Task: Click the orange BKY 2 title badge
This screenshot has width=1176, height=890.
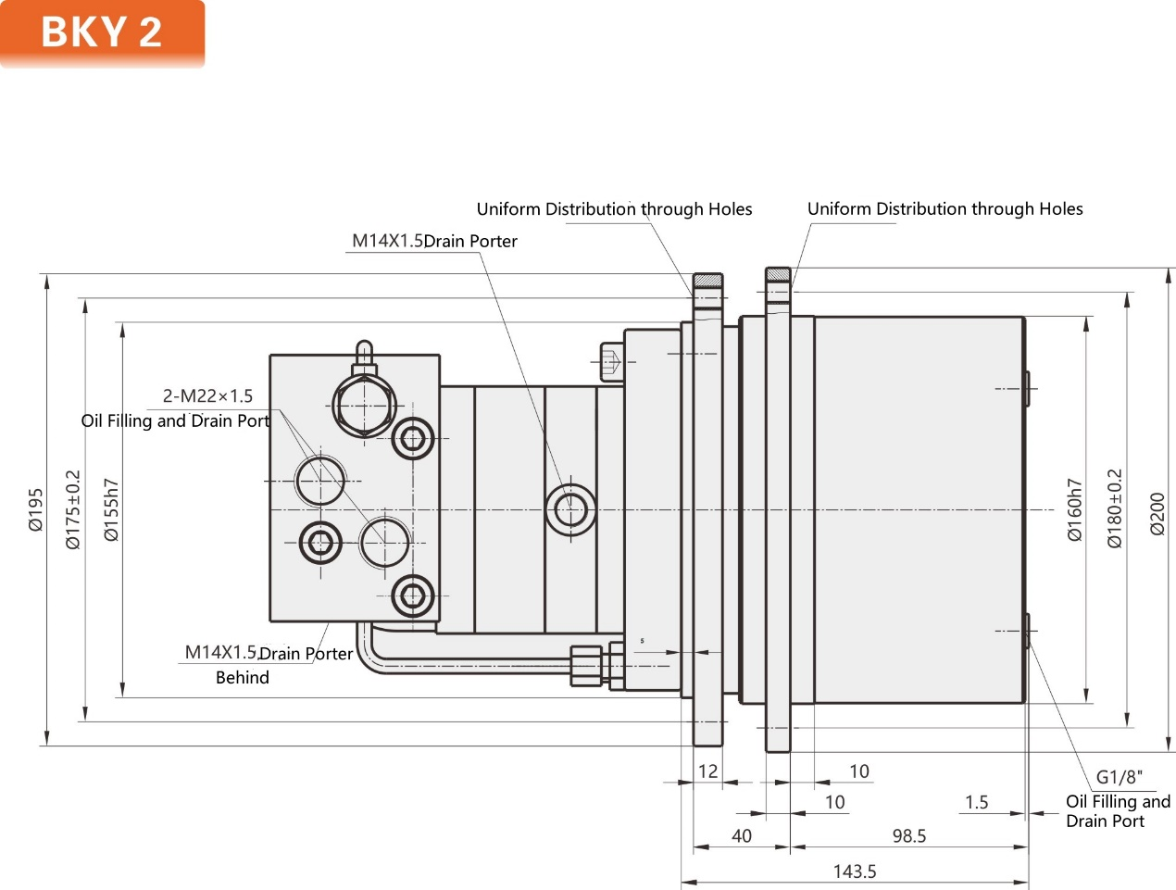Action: pyautogui.click(x=102, y=32)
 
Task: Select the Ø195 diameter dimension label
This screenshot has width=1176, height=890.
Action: pyautogui.click(x=35, y=509)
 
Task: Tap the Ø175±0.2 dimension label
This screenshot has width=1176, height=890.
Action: pyautogui.click(x=73, y=509)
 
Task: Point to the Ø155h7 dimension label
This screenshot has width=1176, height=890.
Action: pyautogui.click(x=111, y=509)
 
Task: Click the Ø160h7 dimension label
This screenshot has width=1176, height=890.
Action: pyautogui.click(x=1074, y=509)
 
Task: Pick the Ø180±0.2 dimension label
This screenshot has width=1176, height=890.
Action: pyautogui.click(x=1115, y=509)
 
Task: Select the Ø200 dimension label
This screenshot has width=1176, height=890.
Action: pyautogui.click(x=1157, y=513)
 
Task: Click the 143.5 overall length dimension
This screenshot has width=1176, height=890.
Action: pyautogui.click(x=854, y=871)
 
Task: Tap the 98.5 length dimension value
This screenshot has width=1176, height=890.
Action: pyautogui.click(x=908, y=836)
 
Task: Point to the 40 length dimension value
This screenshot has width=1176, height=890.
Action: pyautogui.click(x=741, y=836)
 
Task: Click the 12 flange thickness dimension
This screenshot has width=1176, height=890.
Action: pyautogui.click(x=707, y=771)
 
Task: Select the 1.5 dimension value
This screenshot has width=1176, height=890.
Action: pyautogui.click(x=976, y=802)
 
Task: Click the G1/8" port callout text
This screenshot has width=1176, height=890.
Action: pyautogui.click(x=1119, y=777)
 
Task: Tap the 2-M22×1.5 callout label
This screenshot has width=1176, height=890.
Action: pyautogui.click(x=207, y=396)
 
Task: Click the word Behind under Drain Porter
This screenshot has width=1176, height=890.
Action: pyautogui.click(x=242, y=678)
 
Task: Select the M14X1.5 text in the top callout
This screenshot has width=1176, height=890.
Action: pyautogui.click(x=387, y=241)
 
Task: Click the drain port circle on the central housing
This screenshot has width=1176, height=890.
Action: pyautogui.click(x=570, y=509)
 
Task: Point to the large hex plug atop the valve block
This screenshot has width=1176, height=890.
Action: pyautogui.click(x=365, y=406)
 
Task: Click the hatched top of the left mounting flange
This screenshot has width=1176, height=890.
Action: pyautogui.click(x=708, y=280)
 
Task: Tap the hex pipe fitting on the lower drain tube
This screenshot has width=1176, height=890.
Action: pyautogui.click(x=586, y=665)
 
